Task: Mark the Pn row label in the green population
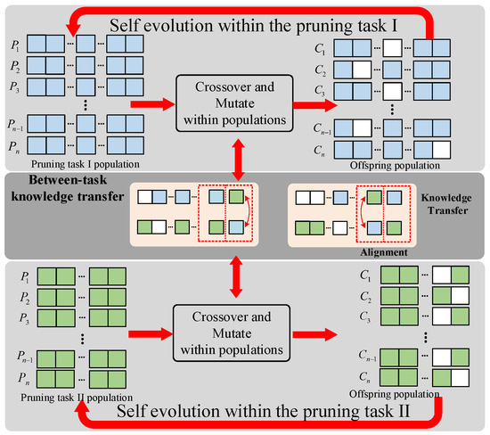pos(19,377)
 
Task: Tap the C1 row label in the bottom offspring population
pos(341,273)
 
